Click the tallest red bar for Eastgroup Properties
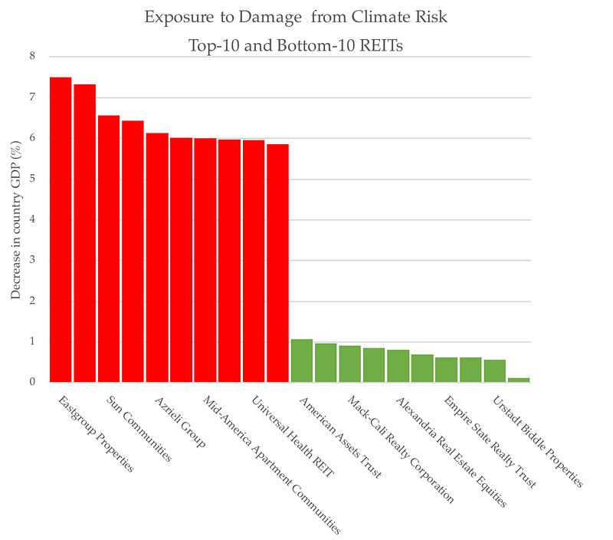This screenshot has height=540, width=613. tap(61, 230)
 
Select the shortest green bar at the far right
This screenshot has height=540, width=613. tap(519, 379)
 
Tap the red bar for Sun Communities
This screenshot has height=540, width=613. tap(109, 249)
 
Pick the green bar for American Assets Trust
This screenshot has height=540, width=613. tap(301, 361)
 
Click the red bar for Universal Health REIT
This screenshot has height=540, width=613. tap(253, 261)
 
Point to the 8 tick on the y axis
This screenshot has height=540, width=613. tap(31, 57)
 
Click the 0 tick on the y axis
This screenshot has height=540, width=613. tap(31, 382)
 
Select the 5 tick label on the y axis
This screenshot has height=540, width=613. tap(31, 179)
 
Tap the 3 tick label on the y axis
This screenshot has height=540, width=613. tap(31, 260)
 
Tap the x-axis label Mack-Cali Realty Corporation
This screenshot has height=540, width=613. tap(400, 449)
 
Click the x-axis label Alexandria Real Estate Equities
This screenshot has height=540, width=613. tap(451, 453)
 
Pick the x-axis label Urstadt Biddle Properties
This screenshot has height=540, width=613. tap(538, 442)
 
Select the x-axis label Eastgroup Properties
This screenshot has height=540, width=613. tap(96, 433)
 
